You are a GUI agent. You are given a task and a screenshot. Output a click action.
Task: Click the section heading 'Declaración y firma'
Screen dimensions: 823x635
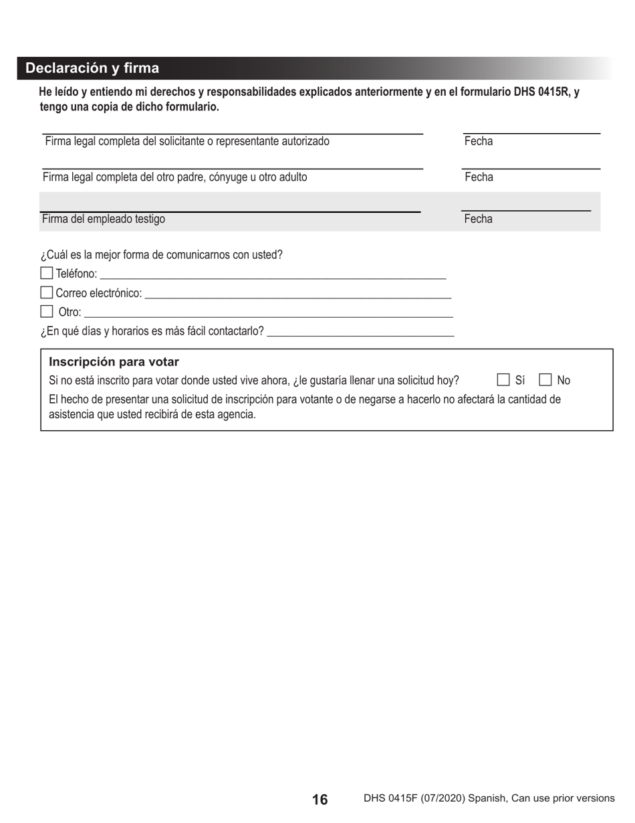[x=92, y=68]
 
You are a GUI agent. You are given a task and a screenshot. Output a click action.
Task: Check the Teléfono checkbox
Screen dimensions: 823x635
[x=47, y=273]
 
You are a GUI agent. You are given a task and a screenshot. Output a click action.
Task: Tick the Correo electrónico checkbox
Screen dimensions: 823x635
[x=47, y=292]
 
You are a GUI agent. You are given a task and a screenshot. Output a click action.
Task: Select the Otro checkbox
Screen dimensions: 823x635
[x=47, y=311]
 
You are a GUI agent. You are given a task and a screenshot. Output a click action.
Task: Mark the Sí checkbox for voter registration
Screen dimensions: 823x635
[x=503, y=380]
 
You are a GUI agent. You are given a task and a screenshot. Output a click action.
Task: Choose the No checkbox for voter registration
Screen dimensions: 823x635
[x=545, y=380]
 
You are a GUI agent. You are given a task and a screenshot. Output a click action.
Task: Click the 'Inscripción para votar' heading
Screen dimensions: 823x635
[x=114, y=362]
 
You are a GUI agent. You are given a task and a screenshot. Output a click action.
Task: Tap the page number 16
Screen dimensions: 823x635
[x=320, y=799]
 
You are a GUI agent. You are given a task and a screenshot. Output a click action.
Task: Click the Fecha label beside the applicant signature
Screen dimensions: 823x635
[x=479, y=141]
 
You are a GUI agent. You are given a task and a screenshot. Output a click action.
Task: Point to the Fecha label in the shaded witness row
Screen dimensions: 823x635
[x=479, y=219]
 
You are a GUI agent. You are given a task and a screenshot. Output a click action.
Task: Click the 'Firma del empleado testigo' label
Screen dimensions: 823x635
[x=104, y=219]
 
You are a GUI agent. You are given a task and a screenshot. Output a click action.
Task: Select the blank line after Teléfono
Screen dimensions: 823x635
[x=273, y=276]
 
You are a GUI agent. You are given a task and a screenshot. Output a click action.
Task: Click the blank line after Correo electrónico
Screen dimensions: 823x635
[x=297, y=295]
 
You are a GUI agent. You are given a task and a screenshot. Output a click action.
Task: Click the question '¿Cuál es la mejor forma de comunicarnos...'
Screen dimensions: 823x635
[x=162, y=255]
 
